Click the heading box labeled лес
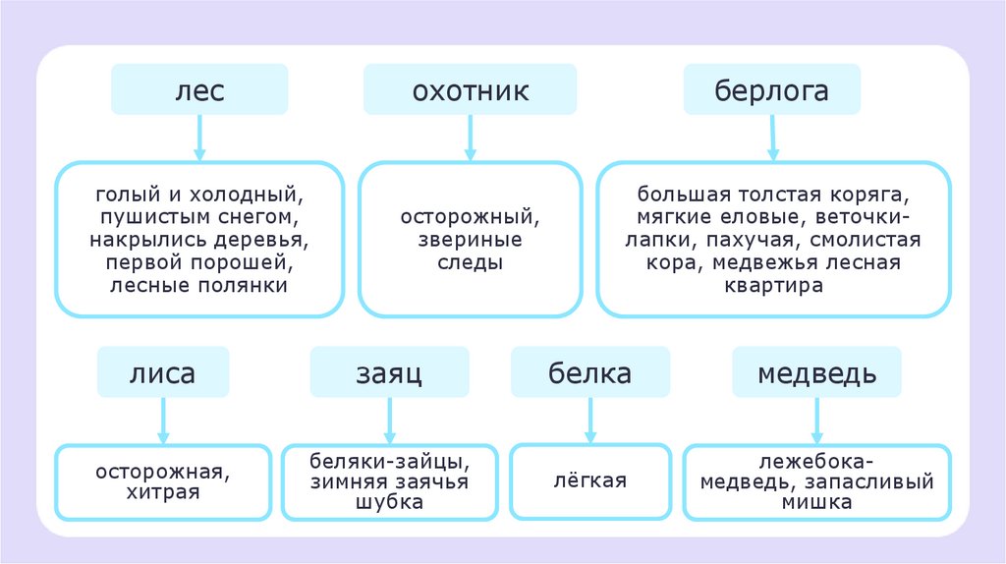pyautogui.click(x=199, y=90)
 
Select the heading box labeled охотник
pyautogui.click(x=471, y=90)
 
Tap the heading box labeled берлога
pyautogui.click(x=771, y=90)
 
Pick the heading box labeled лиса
pyautogui.click(x=162, y=373)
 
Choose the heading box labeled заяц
pyautogui.click(x=389, y=373)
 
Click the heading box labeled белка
pyautogui.click(x=589, y=373)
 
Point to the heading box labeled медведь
pyautogui.click(x=817, y=373)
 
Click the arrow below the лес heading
pyautogui.click(x=199, y=137)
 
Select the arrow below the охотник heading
pyautogui.click(x=471, y=137)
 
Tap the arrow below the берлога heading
pyautogui.click(x=772, y=137)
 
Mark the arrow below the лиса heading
pyautogui.click(x=163, y=421)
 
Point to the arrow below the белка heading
pyautogui.click(x=589, y=421)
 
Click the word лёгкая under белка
pyautogui.click(x=589, y=481)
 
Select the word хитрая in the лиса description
pyautogui.click(x=163, y=492)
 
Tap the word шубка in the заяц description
pyautogui.click(x=390, y=502)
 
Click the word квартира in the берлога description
pyautogui.click(x=771, y=285)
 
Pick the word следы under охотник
pyautogui.click(x=472, y=262)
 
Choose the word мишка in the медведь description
pyautogui.click(x=817, y=502)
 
